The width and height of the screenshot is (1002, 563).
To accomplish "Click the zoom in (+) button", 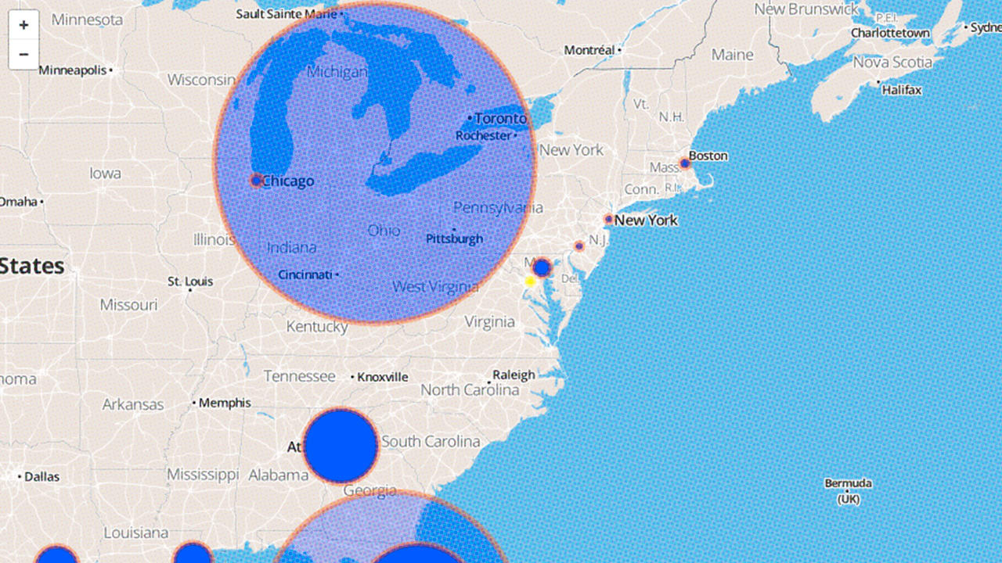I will tap(23, 25).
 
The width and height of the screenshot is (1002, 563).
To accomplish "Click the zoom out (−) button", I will tap(23, 54).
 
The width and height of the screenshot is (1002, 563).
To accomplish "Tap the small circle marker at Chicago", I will tap(256, 181).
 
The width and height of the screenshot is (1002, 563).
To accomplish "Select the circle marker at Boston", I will tap(685, 163).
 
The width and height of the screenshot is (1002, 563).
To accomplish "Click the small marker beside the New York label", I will tap(608, 220).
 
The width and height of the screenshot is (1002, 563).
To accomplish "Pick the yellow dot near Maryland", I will tap(530, 281).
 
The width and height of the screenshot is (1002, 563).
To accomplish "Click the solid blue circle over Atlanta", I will tap(341, 446).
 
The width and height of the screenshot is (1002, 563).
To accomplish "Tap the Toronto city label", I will tap(501, 118).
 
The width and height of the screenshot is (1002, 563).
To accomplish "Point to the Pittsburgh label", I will tap(454, 238).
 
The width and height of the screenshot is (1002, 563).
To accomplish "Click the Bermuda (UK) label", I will tap(848, 490).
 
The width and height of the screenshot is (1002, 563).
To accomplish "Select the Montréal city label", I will tap(589, 50).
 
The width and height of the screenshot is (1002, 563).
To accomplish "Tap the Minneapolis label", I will tap(73, 70).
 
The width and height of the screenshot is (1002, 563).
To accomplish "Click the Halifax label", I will tap(902, 90).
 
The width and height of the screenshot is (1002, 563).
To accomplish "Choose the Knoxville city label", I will tap(383, 377).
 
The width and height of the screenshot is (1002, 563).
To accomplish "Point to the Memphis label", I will tap(225, 403).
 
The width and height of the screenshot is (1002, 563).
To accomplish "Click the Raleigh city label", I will tap(514, 375).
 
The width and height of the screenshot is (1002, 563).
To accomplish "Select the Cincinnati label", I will tap(305, 274).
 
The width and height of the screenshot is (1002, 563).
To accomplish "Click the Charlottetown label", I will tap(890, 33).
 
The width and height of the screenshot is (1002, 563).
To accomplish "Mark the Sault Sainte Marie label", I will tap(287, 13).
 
